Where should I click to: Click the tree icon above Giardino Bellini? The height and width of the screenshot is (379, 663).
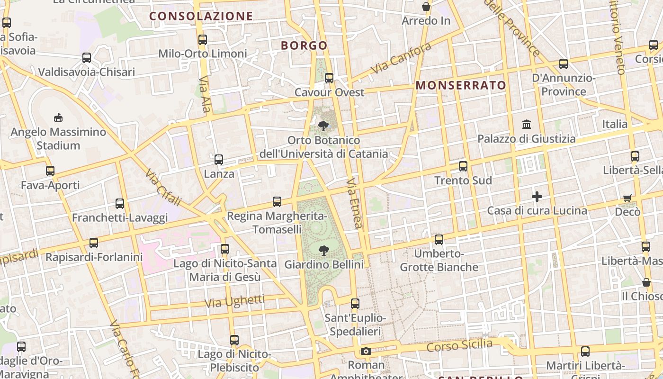[x=324, y=250]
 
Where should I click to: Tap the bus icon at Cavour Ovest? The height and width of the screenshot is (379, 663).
[x=329, y=78]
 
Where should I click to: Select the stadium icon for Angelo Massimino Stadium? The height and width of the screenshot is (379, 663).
[x=58, y=117]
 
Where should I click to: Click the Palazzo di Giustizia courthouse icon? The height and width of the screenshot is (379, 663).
[x=526, y=124]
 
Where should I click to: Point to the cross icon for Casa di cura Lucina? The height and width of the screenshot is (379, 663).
[x=537, y=196]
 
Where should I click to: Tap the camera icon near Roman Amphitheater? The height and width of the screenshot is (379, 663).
[x=366, y=351]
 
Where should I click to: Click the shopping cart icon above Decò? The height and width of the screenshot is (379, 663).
[x=627, y=198]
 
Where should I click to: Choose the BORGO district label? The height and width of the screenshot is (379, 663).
[x=304, y=45]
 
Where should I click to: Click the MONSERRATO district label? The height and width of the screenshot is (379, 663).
[x=461, y=85]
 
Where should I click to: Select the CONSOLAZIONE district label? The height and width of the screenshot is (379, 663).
[x=201, y=16]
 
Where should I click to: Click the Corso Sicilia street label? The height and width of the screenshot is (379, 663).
[x=459, y=345]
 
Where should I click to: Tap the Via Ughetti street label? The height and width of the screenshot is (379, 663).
[x=234, y=301]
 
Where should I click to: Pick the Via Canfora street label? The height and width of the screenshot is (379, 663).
[x=401, y=58]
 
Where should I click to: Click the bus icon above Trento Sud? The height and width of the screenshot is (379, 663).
[x=463, y=166]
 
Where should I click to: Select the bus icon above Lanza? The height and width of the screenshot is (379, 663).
[x=219, y=160]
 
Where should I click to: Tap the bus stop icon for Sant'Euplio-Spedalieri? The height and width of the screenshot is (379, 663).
[x=355, y=303]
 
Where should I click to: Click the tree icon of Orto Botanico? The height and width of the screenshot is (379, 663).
[x=324, y=126]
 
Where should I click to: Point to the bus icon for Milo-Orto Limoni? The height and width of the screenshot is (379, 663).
[x=203, y=39]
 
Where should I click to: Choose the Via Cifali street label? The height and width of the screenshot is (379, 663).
[x=163, y=188]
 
